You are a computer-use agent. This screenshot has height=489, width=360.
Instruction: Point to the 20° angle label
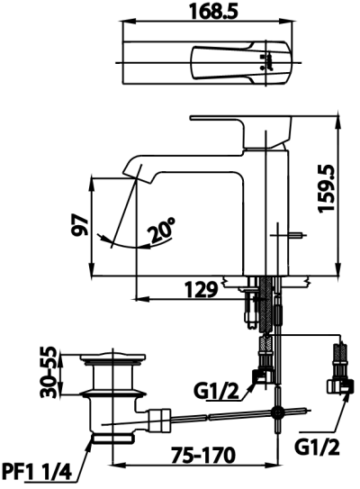(162, 232)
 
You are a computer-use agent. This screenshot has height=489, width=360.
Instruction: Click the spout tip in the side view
(132, 171)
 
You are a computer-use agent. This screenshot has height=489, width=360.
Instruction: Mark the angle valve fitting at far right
(339, 383)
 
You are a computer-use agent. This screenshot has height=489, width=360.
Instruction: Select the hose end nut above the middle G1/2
(263, 368)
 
